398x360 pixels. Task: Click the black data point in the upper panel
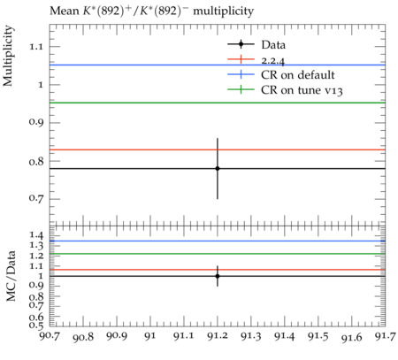coord(218,168)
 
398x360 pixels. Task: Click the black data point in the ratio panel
coord(218,276)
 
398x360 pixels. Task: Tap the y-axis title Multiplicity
coord(8,56)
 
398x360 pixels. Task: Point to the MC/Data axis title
coord(11,276)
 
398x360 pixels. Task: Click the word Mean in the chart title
coord(65,11)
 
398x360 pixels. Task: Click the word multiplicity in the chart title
coord(223,11)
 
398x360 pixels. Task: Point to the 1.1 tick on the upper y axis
coord(35,47)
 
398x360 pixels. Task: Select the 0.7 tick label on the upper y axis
coord(35,198)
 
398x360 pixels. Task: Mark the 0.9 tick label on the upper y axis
coord(35,122)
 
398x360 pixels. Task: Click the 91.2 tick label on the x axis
coord(218,336)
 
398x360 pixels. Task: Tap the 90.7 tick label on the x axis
coord(50,336)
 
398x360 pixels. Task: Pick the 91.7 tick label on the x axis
coord(386,336)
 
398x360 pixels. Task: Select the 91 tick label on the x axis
coord(150,336)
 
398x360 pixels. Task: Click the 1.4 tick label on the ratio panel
coord(36,235)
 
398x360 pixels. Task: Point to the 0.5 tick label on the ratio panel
coord(36,325)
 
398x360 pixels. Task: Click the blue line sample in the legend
coord(241,74)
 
